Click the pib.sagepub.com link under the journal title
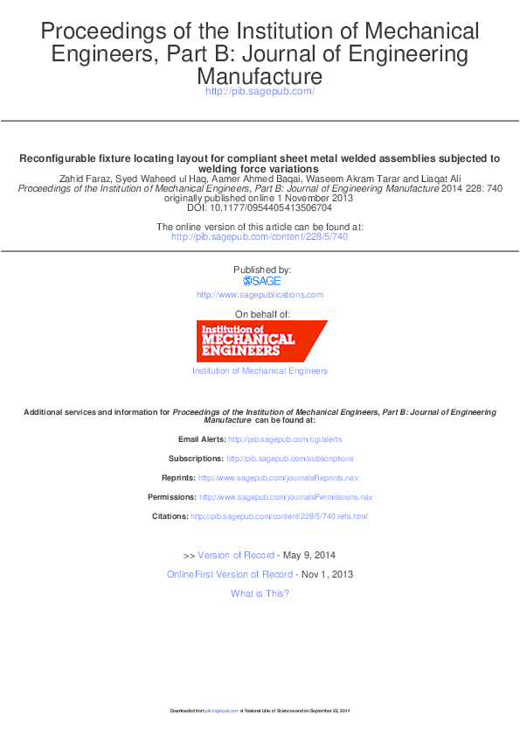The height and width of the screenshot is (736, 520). tap(260, 91)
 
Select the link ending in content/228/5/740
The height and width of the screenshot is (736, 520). tap(260, 236)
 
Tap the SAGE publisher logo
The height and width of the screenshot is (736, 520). tap(261, 281)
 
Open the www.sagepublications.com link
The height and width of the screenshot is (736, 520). tap(260, 295)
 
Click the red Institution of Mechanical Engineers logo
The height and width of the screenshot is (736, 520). tap(261, 340)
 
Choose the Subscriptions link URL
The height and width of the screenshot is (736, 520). tap(290, 459)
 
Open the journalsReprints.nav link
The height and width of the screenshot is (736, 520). tap(279, 478)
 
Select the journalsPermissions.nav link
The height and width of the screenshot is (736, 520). tap(285, 497)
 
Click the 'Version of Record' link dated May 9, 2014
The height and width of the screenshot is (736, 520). tap(236, 555)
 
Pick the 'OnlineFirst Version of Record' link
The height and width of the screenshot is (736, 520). tap(230, 574)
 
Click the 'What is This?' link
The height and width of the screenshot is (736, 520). tap(260, 593)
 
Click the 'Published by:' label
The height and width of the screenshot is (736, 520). tap(262, 270)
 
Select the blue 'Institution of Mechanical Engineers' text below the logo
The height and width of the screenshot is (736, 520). tap(260, 370)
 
